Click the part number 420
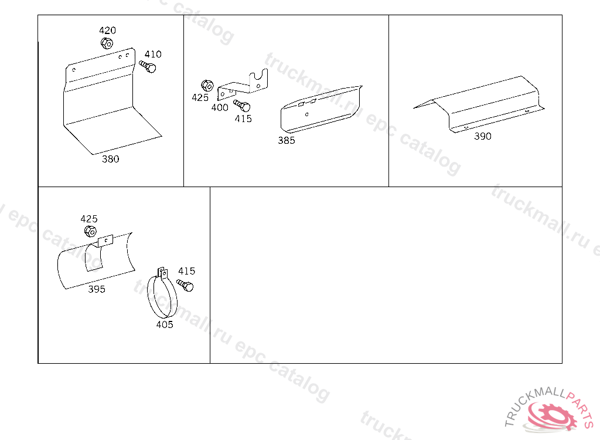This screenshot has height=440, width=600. tap(108, 31)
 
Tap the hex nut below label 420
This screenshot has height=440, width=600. tap(107, 43)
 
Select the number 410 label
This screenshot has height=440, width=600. tap(153, 54)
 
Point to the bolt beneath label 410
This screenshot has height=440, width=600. tap(147, 66)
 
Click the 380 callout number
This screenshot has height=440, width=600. tap(110, 158)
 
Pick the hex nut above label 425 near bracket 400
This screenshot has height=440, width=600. tap(207, 86)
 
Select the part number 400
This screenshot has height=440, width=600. tap(220, 108)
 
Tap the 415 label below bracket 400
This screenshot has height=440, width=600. tap(243, 119)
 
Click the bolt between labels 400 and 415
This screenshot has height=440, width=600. tap(242, 105)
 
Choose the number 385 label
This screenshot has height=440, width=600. tap(286, 140)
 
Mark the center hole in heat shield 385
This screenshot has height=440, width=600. tap(306, 114)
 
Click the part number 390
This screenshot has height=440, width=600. tap(483, 136)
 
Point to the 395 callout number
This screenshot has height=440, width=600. tap(97, 289)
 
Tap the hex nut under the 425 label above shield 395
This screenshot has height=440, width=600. tap(90, 231)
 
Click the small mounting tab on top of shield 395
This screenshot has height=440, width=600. tap(105, 241)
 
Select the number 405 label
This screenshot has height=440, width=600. tap(165, 324)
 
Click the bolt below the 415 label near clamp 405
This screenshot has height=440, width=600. tap(185, 285)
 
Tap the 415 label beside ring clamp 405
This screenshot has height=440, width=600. tap(186, 271)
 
